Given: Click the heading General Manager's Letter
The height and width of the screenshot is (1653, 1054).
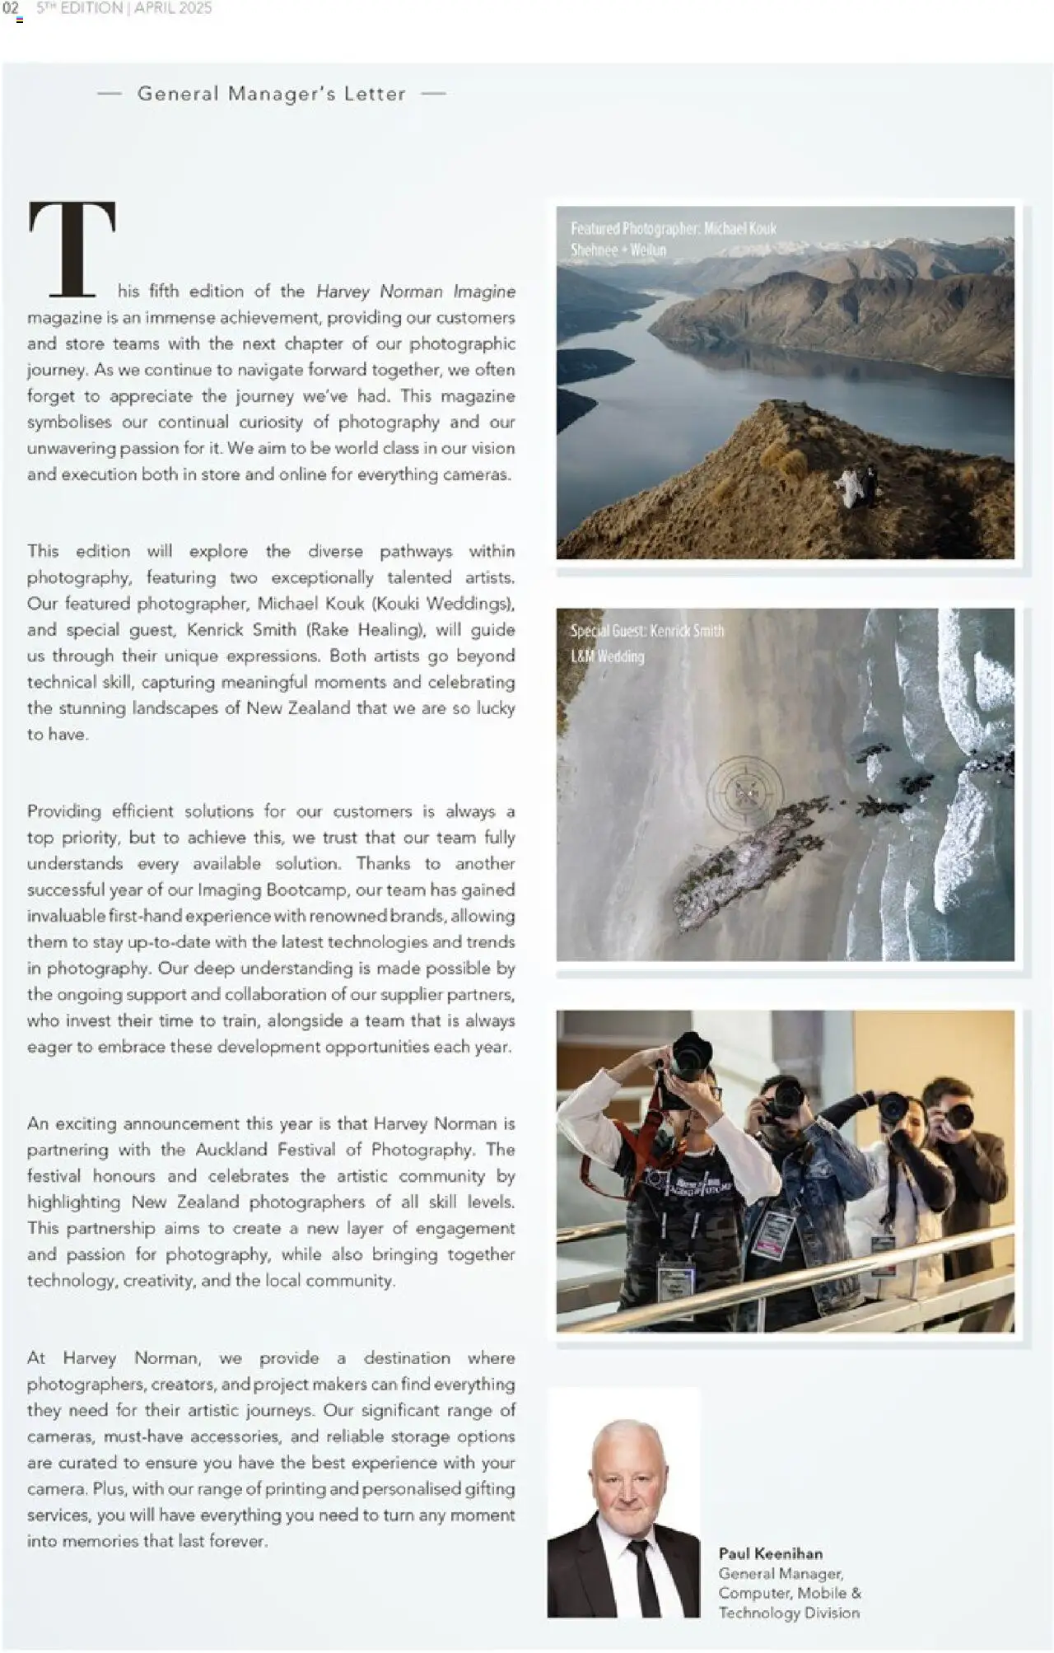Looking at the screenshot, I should [x=271, y=94].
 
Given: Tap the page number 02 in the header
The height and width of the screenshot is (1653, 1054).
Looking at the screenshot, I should [x=11, y=8].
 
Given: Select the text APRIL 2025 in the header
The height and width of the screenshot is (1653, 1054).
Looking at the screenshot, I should [x=173, y=8].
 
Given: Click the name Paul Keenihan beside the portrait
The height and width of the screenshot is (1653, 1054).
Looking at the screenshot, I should [x=770, y=1553].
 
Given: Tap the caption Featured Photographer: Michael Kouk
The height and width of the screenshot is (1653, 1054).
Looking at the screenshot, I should [x=673, y=228].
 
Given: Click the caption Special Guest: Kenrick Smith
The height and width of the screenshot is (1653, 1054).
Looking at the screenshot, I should [x=647, y=631].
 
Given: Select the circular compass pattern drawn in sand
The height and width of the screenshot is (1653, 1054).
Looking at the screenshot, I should [x=745, y=791].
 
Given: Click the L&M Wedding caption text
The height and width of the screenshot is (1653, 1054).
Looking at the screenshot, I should [x=607, y=656].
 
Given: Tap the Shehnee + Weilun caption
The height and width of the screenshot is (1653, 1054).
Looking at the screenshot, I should [x=618, y=250].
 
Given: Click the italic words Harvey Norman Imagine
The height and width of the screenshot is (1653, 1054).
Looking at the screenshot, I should [x=416, y=292].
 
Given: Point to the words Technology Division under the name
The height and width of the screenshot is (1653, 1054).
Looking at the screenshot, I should [x=788, y=1613].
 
